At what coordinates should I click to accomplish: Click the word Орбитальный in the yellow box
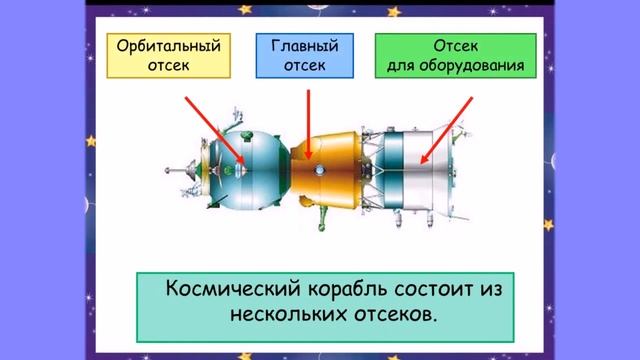click(x=167, y=47)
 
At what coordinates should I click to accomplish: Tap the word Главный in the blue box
click(x=304, y=47)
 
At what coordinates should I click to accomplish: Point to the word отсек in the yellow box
click(x=167, y=66)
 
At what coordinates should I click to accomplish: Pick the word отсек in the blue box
click(x=304, y=66)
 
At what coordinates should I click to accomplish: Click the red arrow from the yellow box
click(x=215, y=128)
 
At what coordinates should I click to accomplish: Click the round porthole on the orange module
click(x=319, y=171)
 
